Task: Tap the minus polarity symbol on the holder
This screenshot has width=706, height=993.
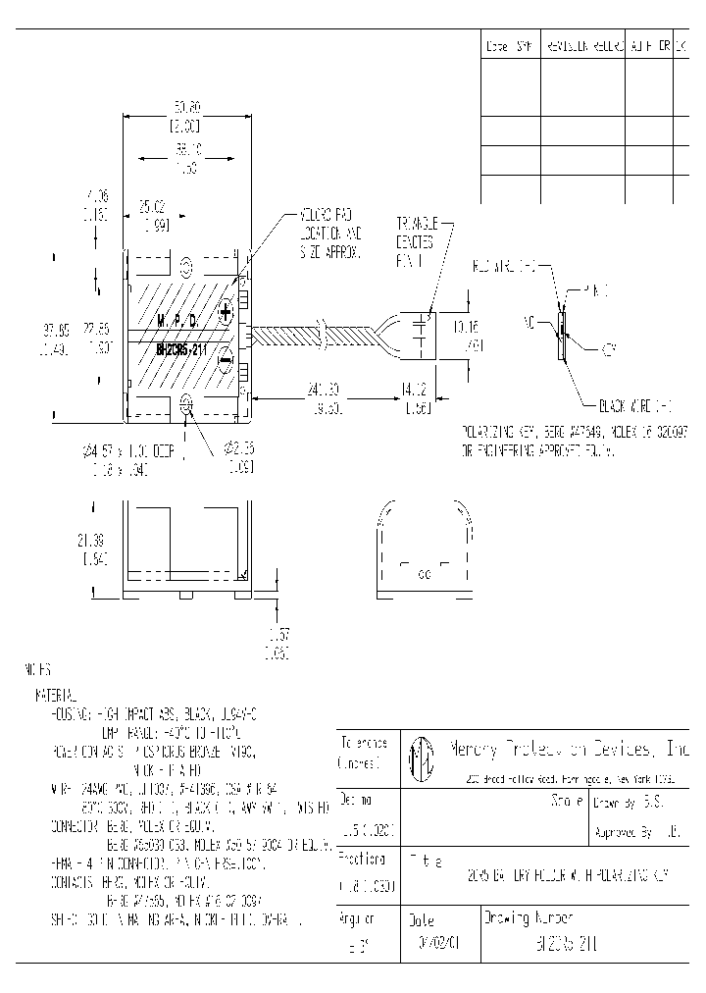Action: (x=226, y=359)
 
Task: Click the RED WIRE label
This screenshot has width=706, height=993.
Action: (x=506, y=266)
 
